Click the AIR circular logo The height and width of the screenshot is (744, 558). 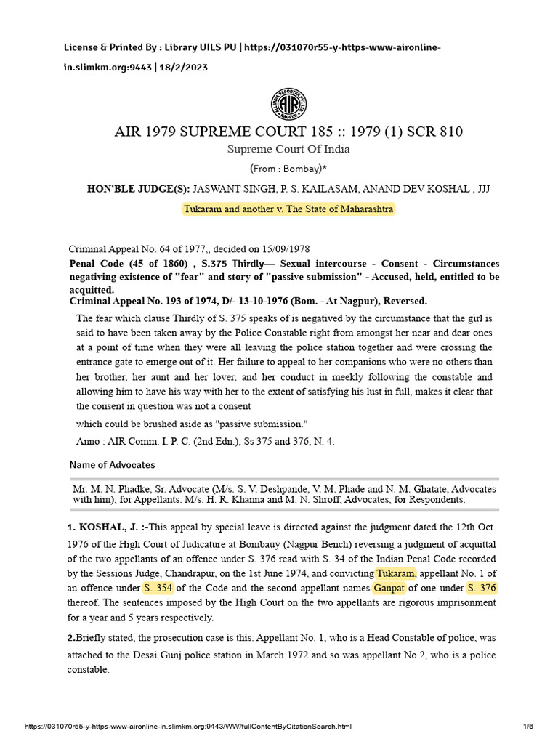pyautogui.click(x=288, y=104)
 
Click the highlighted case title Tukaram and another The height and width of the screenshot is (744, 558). pyautogui.click(x=288, y=209)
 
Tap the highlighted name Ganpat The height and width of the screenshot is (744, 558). pyautogui.click(x=389, y=587)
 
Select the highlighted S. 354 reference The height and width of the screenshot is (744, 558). pyautogui.click(x=159, y=587)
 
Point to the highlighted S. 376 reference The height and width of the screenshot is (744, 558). pyautogui.click(x=482, y=587)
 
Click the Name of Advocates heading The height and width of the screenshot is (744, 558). pyautogui.click(x=112, y=464)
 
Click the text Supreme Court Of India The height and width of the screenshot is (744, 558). pyautogui.click(x=288, y=149)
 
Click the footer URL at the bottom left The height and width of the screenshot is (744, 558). pyautogui.click(x=188, y=727)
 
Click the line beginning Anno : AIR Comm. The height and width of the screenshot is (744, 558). pyautogui.click(x=205, y=441)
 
